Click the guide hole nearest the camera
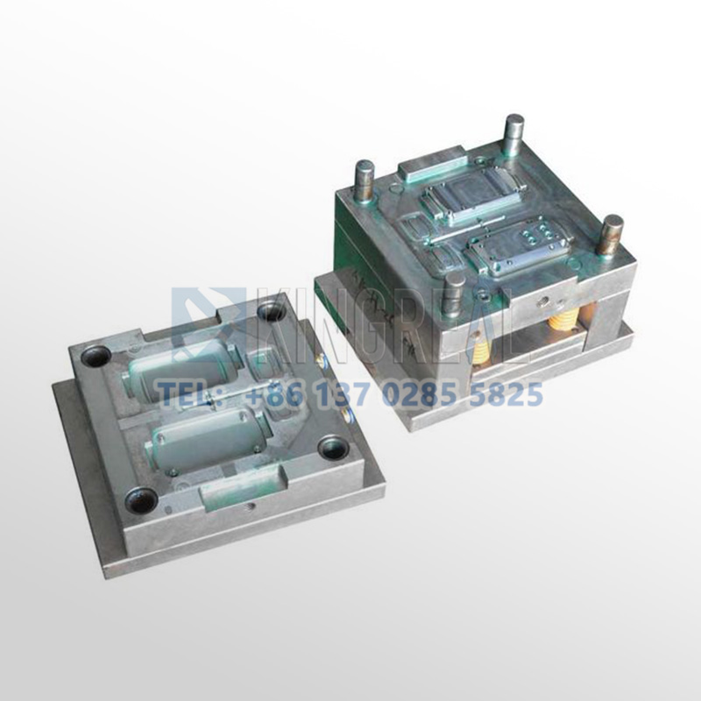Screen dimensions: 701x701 [x=141, y=499]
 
